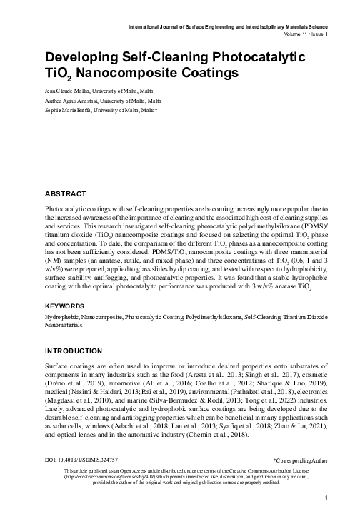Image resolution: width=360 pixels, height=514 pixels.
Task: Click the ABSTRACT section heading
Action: point(66,193)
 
